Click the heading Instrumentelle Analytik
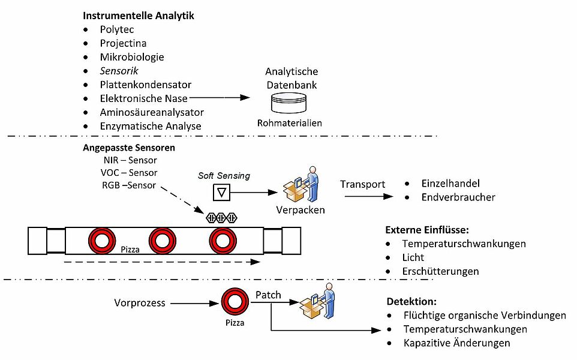[138, 16]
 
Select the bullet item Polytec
[117, 29]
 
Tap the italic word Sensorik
[119, 71]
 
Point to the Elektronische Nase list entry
[143, 98]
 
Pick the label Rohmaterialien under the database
[290, 123]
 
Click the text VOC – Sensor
[130, 173]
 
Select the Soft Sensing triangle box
[223, 193]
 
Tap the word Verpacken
[300, 211]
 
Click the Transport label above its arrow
[362, 184]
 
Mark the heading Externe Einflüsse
[426, 230]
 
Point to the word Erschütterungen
[440, 271]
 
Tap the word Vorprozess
[139, 302]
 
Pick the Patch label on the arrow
[268, 295]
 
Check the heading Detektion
[412, 302]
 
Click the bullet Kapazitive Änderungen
[456, 343]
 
